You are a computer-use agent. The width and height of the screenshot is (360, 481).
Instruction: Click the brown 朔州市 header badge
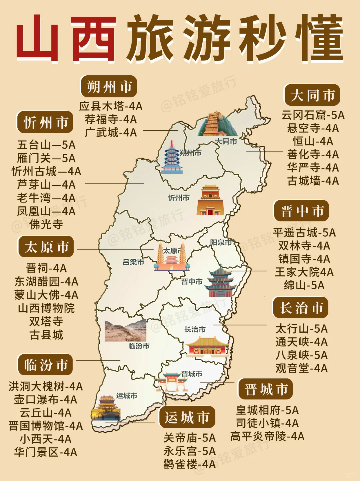point(109,87)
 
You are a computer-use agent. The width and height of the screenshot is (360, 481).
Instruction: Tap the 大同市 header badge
point(312,95)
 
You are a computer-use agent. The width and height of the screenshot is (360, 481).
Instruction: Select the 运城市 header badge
point(187,417)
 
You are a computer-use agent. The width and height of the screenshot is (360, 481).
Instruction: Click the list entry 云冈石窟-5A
point(313,115)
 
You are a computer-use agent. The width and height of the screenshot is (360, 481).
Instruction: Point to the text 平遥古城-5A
point(304,232)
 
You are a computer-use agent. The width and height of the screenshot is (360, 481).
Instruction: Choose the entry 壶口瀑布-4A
point(45,399)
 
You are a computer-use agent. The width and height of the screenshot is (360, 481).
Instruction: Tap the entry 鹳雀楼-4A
point(189,464)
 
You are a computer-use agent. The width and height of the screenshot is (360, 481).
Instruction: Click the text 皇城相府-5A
point(267,410)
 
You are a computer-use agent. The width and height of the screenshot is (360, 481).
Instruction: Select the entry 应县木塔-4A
point(111,106)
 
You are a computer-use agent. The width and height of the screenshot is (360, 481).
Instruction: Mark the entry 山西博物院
point(46,308)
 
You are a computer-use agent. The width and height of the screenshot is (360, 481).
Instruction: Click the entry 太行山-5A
point(301,329)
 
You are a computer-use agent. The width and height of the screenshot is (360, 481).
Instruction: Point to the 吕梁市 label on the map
point(133,262)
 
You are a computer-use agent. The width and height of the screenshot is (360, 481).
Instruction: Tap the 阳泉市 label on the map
point(221,242)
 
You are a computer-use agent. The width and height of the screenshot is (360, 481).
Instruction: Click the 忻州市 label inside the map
point(178,198)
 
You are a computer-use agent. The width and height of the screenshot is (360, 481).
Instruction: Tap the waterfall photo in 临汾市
point(125,330)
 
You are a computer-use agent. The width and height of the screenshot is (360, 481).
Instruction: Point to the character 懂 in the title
point(319,38)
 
